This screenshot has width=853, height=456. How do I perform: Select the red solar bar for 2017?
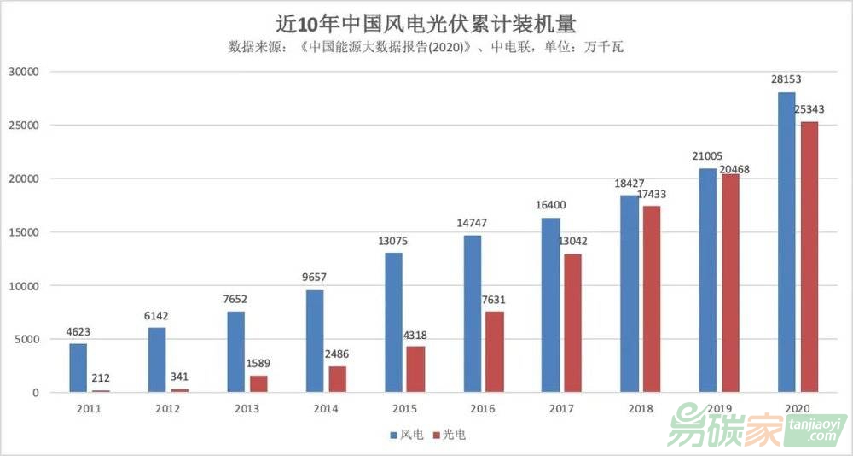click(573, 323)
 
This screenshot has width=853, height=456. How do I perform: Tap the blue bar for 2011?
click(78, 367)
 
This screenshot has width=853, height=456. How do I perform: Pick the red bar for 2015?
click(415, 369)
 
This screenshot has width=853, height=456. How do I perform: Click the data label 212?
click(101, 378)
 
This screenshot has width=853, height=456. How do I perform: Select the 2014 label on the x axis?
click(325, 409)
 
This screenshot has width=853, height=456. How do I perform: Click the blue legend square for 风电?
click(394, 436)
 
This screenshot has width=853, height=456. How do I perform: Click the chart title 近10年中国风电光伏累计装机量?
click(426, 20)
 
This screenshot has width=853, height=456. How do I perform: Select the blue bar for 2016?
click(473, 313)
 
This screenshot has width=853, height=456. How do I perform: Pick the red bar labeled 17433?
click(652, 299)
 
